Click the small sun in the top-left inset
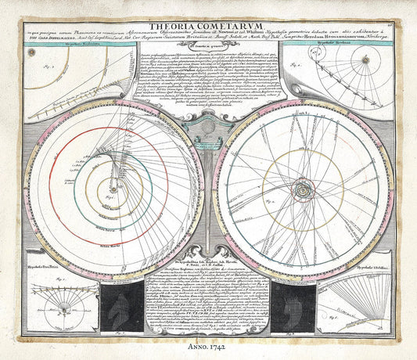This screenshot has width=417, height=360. [x=31, y=53]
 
